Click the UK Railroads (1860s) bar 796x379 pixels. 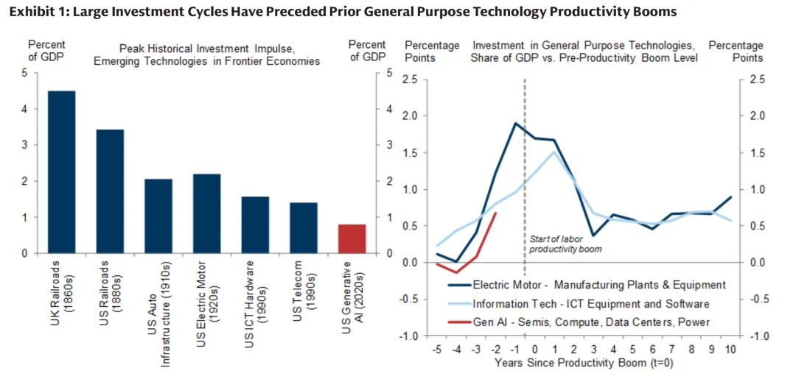61,172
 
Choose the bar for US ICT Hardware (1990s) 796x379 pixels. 255,225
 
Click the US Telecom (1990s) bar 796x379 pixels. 303,228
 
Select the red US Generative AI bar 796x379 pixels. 352,239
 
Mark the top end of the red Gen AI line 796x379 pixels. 496,213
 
